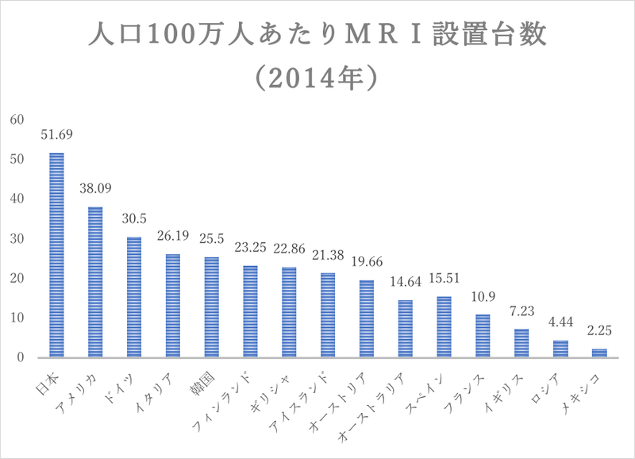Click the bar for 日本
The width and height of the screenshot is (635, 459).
(57, 255)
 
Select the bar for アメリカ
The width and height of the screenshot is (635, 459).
(95, 282)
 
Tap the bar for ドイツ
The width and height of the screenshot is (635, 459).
(134, 297)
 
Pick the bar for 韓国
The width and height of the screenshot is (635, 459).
(211, 307)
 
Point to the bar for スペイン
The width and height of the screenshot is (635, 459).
(444, 327)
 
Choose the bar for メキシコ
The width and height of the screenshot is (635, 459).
(598, 353)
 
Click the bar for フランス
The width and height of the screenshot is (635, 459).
(483, 336)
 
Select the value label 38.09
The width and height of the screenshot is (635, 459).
(95, 190)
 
